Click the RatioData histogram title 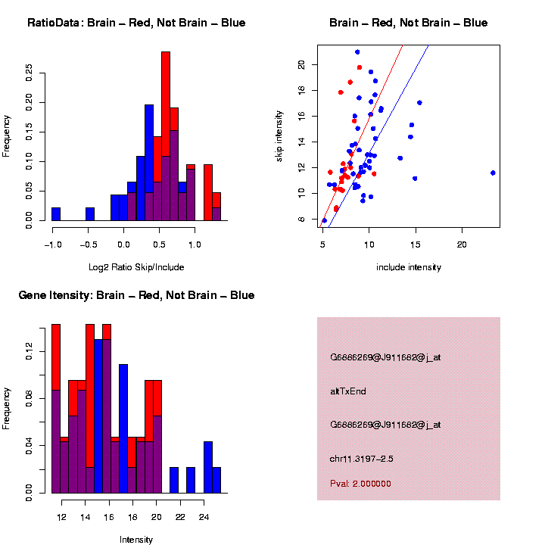[x=136, y=23]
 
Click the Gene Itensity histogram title [x=136, y=295]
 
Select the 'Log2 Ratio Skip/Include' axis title [x=136, y=267]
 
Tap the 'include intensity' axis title [x=409, y=267]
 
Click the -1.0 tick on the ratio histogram [x=52, y=244]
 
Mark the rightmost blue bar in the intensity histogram [x=216, y=480]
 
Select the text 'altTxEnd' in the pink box [x=348, y=391]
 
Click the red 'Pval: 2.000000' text [x=360, y=484]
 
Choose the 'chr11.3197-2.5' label [x=362, y=459]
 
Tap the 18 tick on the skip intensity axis [x=302, y=90]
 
